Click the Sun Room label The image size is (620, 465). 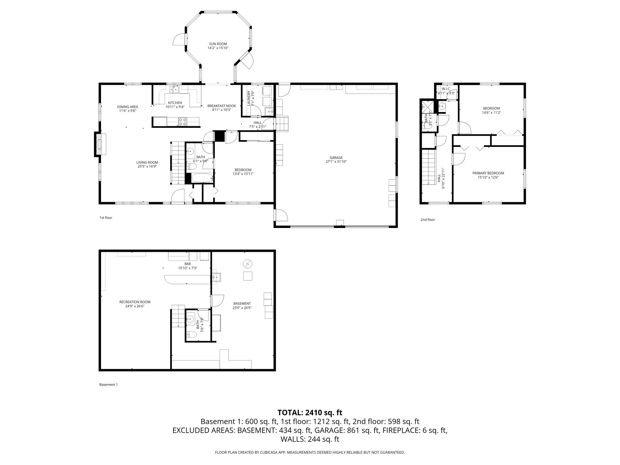(x=218, y=44)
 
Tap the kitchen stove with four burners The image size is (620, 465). (x=182, y=121)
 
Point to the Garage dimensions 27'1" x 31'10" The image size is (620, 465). (x=336, y=162)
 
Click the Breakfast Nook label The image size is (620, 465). (x=222, y=106)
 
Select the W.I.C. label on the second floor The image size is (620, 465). (x=446, y=89)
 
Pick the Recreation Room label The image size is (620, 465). (x=135, y=302)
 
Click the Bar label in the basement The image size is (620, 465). (x=188, y=264)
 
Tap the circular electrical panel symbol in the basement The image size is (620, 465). (x=248, y=264)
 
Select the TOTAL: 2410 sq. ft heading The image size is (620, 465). (x=310, y=412)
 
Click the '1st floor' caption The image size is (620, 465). (x=106, y=218)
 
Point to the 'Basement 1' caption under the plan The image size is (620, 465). (x=108, y=385)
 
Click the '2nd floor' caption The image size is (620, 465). (x=428, y=220)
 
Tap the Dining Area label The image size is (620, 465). (x=128, y=107)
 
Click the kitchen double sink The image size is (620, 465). (x=175, y=89)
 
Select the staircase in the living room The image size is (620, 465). (x=177, y=163)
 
